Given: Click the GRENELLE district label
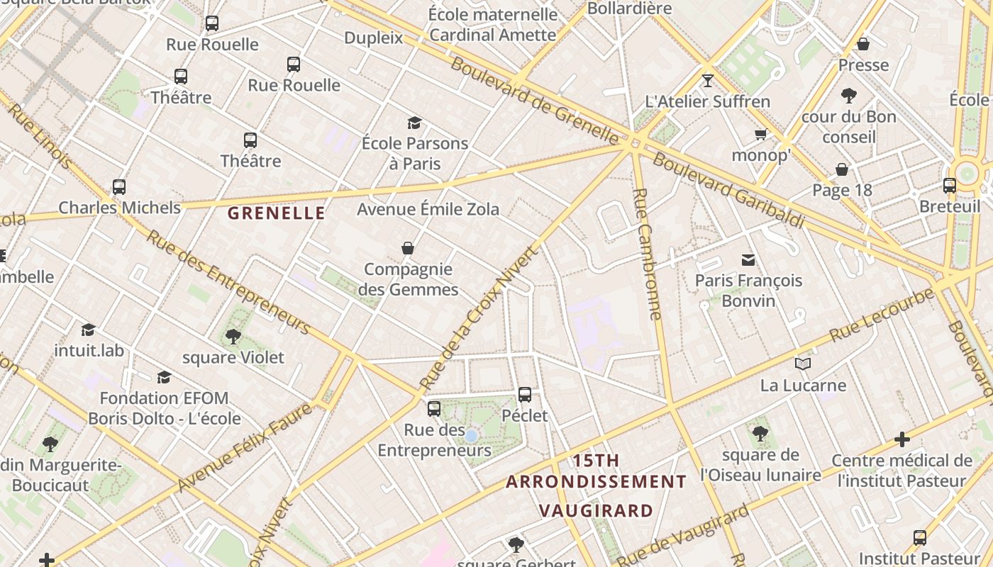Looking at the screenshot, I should point(276,213).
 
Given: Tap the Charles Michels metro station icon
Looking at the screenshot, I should point(119,187).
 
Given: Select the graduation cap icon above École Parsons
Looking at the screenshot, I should point(415,123).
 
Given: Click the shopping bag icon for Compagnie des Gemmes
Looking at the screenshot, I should point(408,248).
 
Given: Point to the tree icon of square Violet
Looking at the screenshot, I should point(233,337).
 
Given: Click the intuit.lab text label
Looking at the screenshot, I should point(89,350).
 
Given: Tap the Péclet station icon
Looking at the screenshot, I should point(525,395).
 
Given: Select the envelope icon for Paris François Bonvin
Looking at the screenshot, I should point(748,260).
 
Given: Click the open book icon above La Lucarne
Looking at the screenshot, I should point(803,364).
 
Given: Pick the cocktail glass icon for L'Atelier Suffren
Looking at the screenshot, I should point(707,81).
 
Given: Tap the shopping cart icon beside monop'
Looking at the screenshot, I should point(760,135).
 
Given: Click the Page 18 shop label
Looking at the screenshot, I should point(842,190).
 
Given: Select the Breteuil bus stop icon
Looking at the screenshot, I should point(950,186).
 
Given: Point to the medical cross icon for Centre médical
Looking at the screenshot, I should point(902,439).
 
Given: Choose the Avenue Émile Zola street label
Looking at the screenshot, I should point(428,209).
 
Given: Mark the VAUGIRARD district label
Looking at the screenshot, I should point(596,510).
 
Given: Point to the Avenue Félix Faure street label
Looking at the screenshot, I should point(245,448).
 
